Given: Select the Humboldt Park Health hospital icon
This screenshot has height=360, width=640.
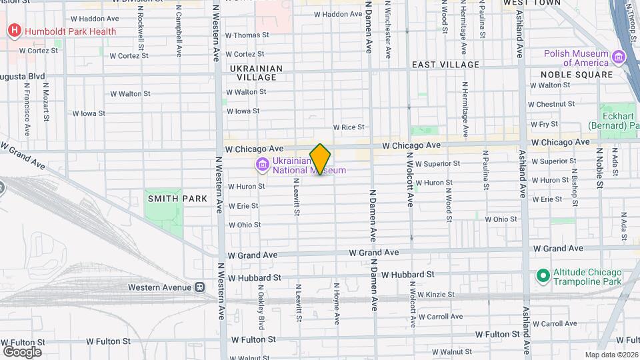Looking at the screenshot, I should pos(13,31).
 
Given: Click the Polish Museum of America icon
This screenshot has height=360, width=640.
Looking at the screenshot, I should pos(619,58).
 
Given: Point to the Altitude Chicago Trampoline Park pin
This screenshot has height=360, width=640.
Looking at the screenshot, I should pos(543,276).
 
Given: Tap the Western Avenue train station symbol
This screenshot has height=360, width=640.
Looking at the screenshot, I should pos(199,287).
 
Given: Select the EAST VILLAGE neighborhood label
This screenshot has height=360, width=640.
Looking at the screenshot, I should pos(445,65).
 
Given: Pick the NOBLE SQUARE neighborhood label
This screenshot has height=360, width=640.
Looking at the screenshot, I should pos(576,75).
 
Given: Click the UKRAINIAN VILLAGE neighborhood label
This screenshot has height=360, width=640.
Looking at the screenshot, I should pos(256,73).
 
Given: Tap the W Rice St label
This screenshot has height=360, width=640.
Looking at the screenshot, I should pos(349,127).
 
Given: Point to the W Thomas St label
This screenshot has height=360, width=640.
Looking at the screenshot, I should pos(247,35).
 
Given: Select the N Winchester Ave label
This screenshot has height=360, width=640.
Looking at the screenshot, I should pos(387,30).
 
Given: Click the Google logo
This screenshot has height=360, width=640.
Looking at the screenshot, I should pos(22,351).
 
